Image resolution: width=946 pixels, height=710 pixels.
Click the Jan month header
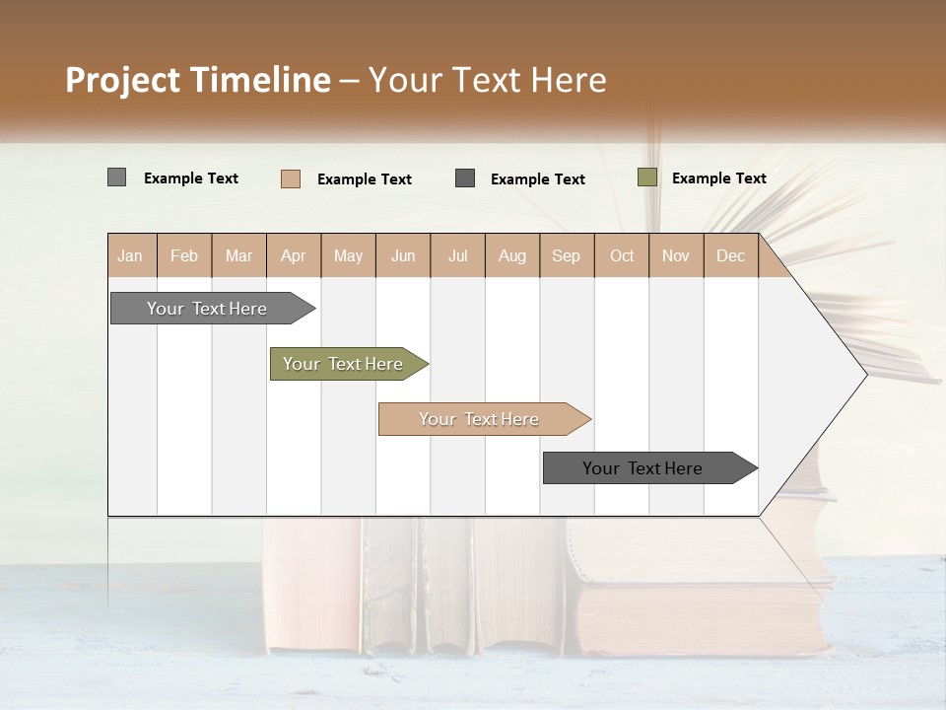click(x=130, y=256)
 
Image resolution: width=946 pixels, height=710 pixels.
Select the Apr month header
click(x=294, y=256)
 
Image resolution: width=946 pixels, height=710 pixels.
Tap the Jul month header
click(x=457, y=256)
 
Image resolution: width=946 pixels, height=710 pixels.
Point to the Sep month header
click(x=566, y=256)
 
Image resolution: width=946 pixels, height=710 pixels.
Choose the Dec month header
click(x=730, y=256)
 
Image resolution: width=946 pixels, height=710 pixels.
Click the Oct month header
click(x=622, y=256)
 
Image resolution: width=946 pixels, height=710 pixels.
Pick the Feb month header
click(x=184, y=256)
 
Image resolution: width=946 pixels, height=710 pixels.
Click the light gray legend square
click(x=116, y=177)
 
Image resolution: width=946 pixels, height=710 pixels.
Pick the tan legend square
click(x=290, y=178)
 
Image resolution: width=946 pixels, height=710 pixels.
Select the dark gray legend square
click(x=465, y=178)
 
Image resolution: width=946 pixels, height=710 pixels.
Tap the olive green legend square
click(x=646, y=177)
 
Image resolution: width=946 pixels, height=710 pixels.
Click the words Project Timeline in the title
click(x=197, y=80)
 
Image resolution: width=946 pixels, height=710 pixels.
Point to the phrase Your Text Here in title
click(x=488, y=80)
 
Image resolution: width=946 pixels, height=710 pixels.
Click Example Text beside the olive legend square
click(x=718, y=178)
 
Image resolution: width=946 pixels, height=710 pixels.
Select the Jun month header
click(x=403, y=256)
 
